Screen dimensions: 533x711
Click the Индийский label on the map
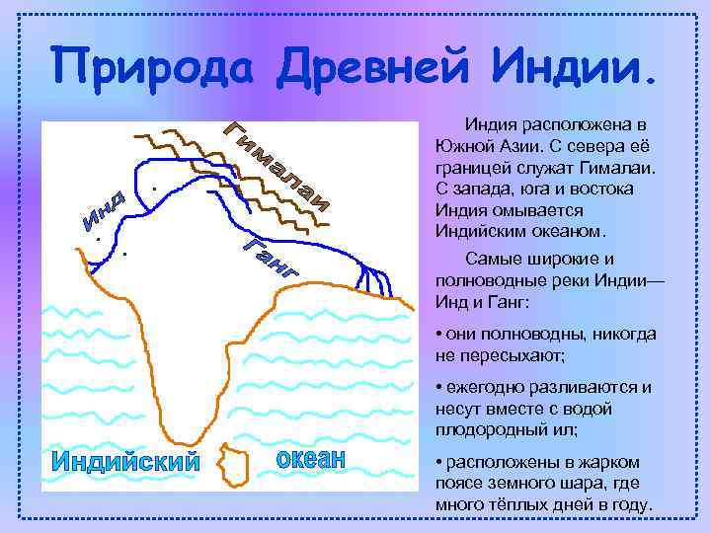coord(124,461)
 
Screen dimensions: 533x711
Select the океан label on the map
coord(309,459)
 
